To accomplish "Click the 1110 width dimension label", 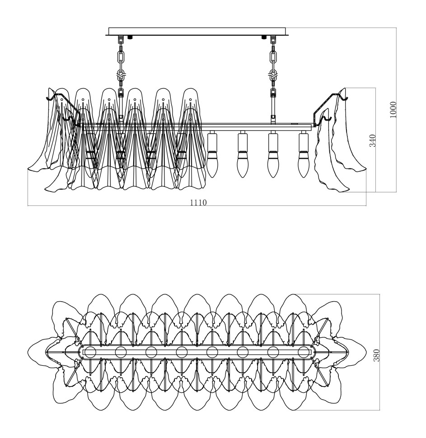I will pos(197,203).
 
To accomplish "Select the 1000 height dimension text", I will pos(393,110).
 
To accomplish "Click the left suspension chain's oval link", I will pos(121,57).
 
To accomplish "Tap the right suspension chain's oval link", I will pos(273,57).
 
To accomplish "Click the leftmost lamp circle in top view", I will pos(90,352).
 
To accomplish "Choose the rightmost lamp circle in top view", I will pos(304,352).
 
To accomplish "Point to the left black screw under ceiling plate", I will pos(130,37).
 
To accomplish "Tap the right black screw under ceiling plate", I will pos(263,37).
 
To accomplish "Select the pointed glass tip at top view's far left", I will pos(28,352).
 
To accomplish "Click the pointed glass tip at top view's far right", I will pos(365,352).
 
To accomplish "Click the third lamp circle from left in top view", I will pos(151,352).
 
